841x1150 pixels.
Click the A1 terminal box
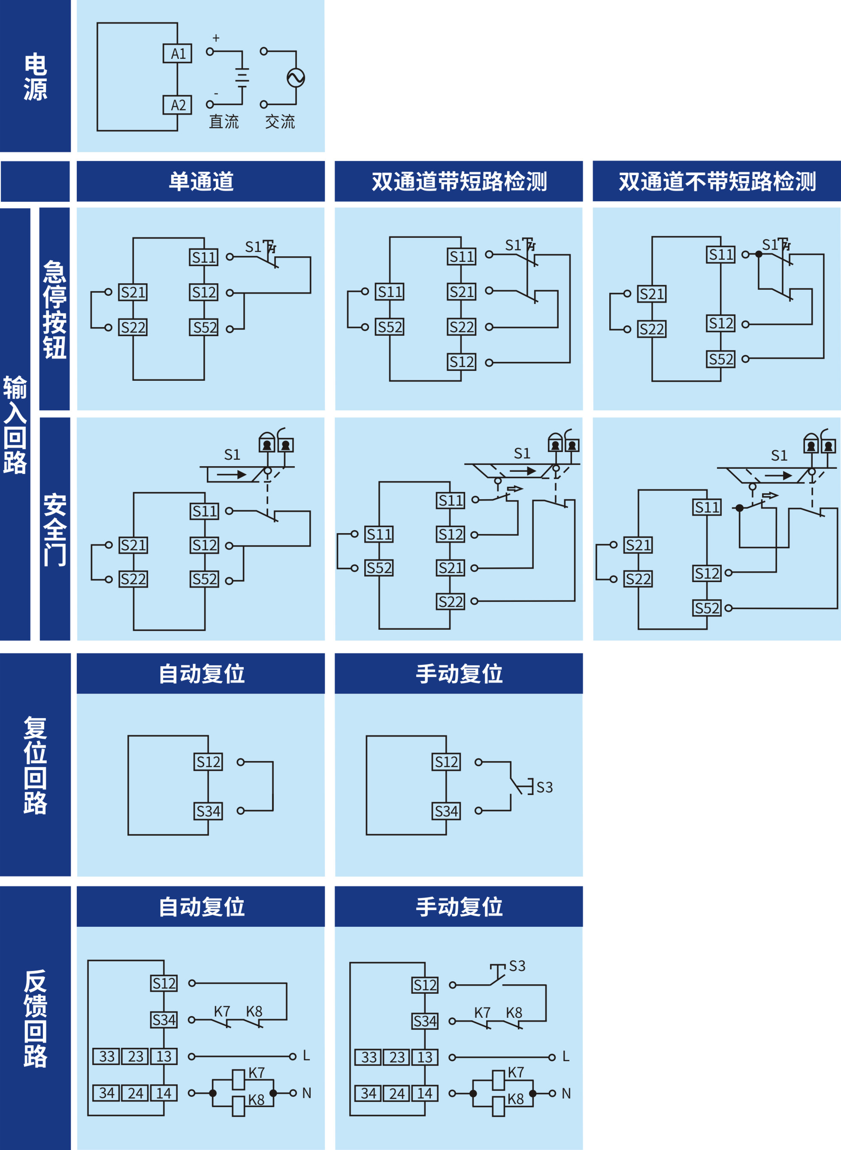pyautogui.click(x=177, y=54)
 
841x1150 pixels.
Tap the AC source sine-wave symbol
pyautogui.click(x=296, y=78)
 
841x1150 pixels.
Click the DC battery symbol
pyautogui.click(x=242, y=78)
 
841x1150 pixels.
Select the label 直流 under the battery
pyautogui.click(x=224, y=122)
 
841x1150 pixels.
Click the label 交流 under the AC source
pyautogui.click(x=280, y=122)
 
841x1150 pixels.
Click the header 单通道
pyautogui.click(x=201, y=181)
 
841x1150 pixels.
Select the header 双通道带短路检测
pyautogui.click(x=459, y=181)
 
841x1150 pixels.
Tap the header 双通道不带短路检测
pyautogui.click(x=717, y=181)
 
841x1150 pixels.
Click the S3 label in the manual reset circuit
pyautogui.click(x=544, y=787)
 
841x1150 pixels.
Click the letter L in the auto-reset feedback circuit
pyautogui.click(x=306, y=1056)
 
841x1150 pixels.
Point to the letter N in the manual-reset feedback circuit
pyautogui.click(x=566, y=1093)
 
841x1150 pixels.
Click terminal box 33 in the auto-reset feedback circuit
pyautogui.click(x=106, y=1056)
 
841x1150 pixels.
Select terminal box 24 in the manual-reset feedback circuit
pyautogui.click(x=396, y=1093)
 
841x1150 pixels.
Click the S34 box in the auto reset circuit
pyautogui.click(x=208, y=811)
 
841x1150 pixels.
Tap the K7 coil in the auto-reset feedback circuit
pyautogui.click(x=238, y=1079)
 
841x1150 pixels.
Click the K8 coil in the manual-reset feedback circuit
pyautogui.click(x=499, y=1106)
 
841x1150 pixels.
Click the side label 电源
pyautogui.click(x=35, y=76)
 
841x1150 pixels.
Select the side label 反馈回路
pyautogui.click(x=35, y=1019)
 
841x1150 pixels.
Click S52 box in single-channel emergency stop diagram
pyautogui.click(x=204, y=328)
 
